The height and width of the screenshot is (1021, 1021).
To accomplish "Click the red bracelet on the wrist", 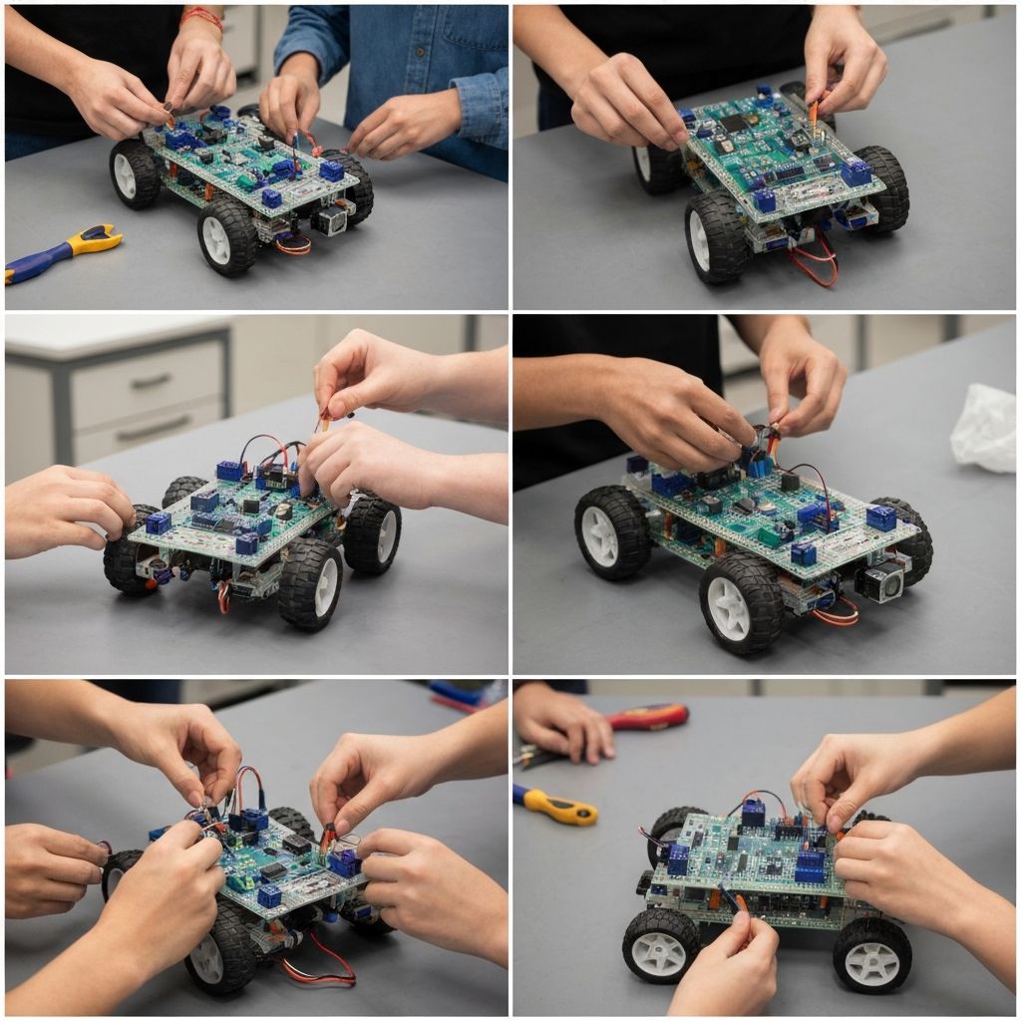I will pos(202,17).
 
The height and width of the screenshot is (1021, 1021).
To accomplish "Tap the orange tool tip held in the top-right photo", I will pos(815,111).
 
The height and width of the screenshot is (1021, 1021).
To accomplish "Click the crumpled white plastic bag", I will pos(984,429).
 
